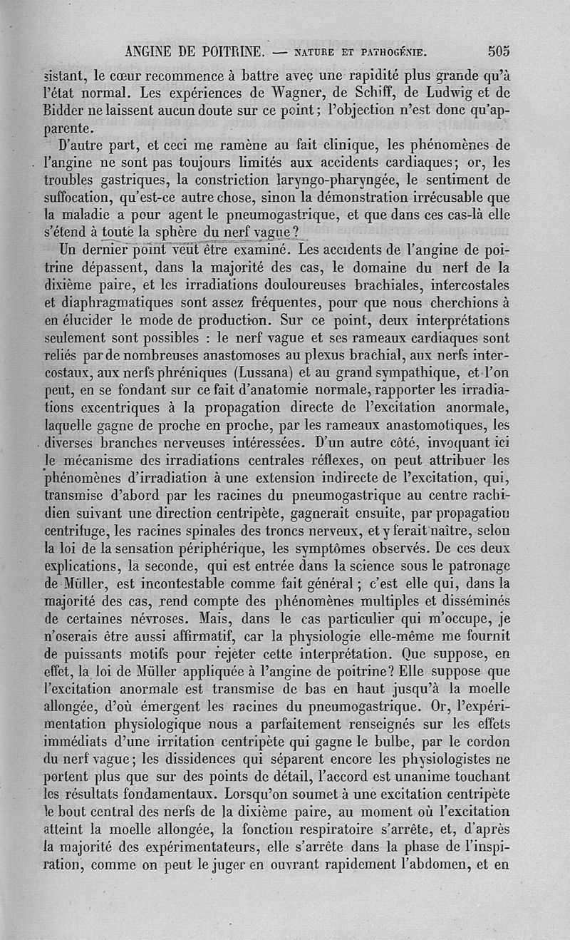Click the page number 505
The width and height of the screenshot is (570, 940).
[x=499, y=51]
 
